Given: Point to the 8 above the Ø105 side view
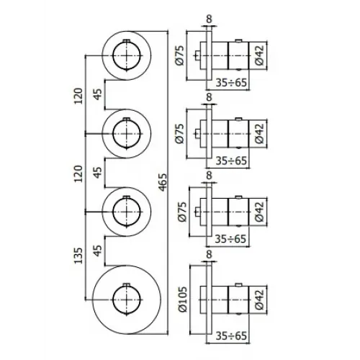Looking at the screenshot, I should [x=210, y=254].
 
